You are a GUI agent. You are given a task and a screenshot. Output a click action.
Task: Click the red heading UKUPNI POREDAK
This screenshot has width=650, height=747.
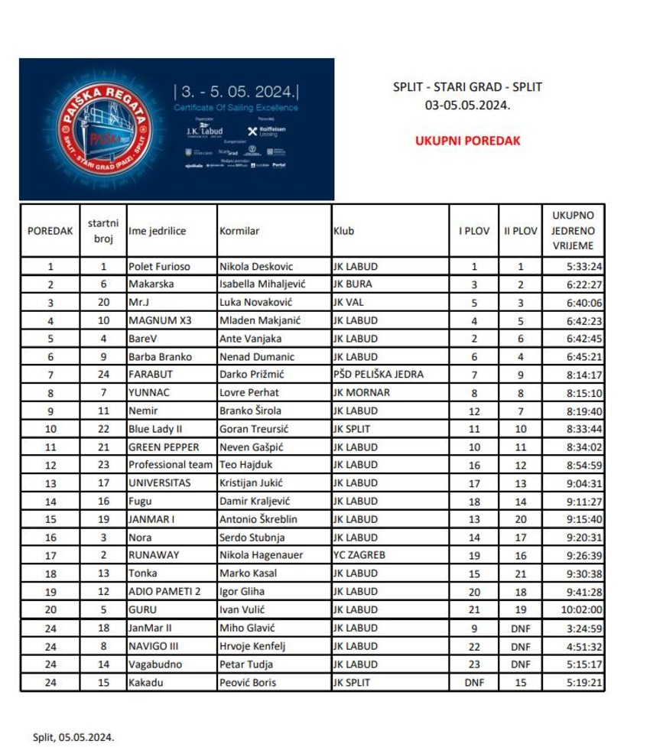click(468, 141)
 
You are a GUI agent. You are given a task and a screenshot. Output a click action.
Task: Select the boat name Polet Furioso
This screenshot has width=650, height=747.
click(159, 267)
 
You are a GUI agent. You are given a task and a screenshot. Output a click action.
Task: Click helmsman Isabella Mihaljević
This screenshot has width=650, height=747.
click(262, 284)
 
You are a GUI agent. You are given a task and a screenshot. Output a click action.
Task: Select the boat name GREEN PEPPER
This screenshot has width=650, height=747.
click(164, 447)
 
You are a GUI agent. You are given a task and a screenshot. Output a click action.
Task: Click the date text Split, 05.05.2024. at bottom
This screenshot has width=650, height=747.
click(73, 738)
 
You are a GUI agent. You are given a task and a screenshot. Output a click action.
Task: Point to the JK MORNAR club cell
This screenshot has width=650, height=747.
click(361, 393)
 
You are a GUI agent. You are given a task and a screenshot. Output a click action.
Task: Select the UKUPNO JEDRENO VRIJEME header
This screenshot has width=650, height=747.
click(573, 231)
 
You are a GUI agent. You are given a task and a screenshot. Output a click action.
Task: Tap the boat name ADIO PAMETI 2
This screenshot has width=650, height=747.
click(164, 591)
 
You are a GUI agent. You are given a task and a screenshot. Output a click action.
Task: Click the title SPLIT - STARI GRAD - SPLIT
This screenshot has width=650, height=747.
click(467, 87)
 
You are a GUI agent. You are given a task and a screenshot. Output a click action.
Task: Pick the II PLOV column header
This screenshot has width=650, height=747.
click(520, 231)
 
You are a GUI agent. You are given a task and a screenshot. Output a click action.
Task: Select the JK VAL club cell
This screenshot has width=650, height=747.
click(350, 303)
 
